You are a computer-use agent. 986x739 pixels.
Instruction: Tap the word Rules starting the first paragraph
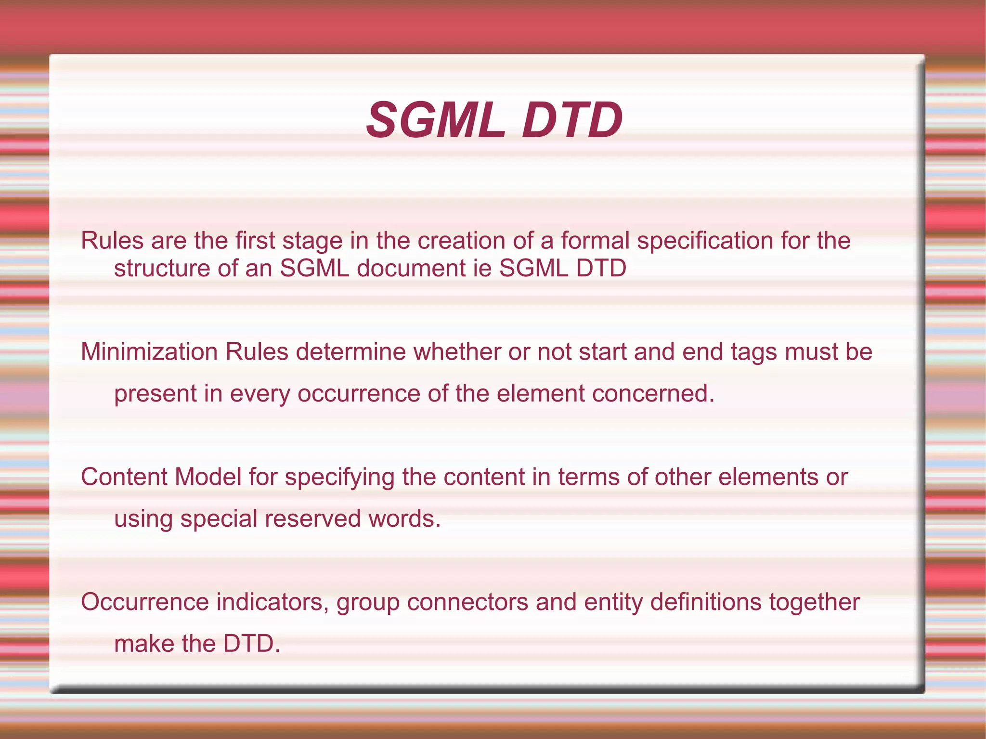112,240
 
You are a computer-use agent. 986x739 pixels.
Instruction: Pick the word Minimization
149,351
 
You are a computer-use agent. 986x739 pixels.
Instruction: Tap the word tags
754,352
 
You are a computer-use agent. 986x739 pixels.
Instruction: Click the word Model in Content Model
208,477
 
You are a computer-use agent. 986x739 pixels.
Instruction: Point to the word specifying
339,478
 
